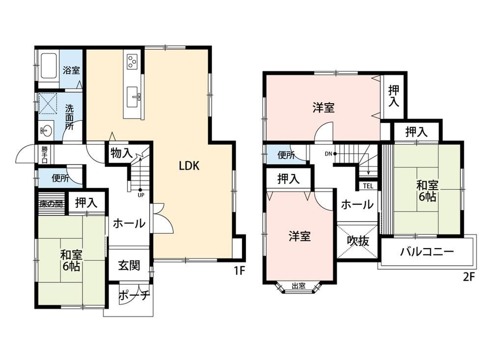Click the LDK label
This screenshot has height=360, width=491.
point(189,166)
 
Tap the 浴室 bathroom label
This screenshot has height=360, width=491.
point(71,70)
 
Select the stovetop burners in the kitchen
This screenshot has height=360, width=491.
point(132,61)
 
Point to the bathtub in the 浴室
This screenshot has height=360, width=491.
point(49,67)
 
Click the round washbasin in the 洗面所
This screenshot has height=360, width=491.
point(46,130)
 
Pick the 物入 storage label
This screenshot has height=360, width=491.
point(121,154)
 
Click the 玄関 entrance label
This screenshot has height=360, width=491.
point(129,265)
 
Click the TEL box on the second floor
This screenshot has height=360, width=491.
point(368,186)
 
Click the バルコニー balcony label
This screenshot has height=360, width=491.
point(427,251)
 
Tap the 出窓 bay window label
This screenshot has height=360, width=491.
point(299,286)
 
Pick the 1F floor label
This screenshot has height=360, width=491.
point(239,270)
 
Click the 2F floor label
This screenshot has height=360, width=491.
point(469,277)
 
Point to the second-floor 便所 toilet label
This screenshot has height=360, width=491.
point(286,155)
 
